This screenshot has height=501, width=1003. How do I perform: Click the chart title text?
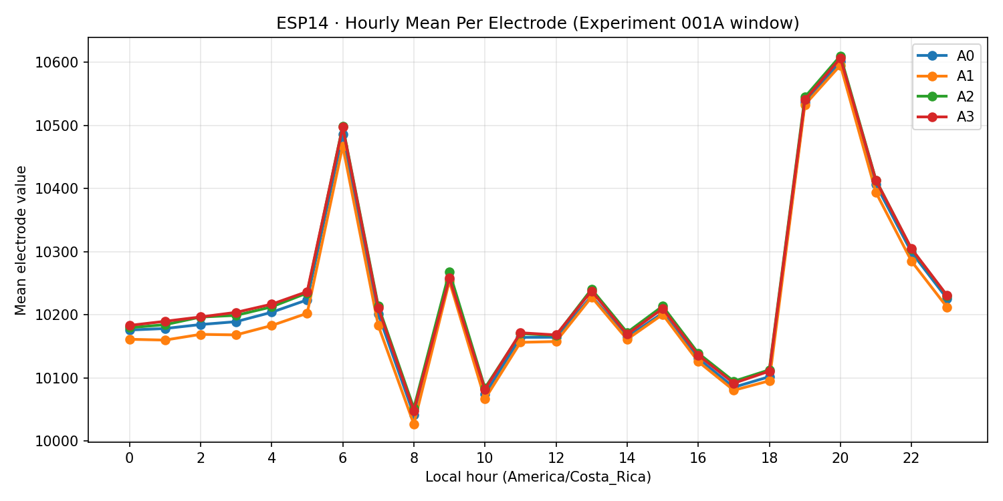point(538,23)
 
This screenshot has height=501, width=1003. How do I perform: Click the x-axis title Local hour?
point(538,477)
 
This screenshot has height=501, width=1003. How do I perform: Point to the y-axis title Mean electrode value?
point(21,240)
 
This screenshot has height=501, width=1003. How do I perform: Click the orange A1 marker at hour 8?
point(414,424)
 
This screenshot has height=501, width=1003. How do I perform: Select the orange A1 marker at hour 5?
point(307,313)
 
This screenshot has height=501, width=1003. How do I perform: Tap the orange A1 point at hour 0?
point(129,339)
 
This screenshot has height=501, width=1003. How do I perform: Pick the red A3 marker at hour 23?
point(947,295)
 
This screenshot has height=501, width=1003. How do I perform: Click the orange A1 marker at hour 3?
point(236,335)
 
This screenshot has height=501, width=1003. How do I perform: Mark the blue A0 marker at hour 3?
point(236,322)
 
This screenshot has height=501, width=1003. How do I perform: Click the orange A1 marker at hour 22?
point(911,261)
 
